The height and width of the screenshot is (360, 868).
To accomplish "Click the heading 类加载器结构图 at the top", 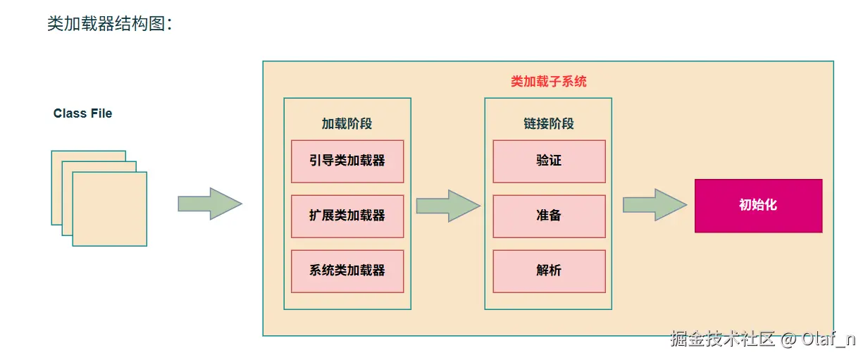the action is (x=106, y=24).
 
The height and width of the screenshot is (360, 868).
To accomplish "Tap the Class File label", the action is (x=82, y=113).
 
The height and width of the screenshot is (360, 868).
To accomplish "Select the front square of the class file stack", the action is (x=110, y=209).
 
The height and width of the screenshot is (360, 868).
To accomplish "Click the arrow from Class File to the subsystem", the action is (x=210, y=204).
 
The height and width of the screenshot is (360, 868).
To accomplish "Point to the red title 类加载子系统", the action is (x=548, y=82).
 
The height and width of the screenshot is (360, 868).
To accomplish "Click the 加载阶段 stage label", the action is (x=347, y=123).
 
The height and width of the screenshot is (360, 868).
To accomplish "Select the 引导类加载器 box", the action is (x=347, y=161).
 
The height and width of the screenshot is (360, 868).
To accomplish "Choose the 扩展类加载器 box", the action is (x=347, y=216).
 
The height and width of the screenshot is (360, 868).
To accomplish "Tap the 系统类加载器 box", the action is (x=347, y=271).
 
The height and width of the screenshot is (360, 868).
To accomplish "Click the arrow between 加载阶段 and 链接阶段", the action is (x=448, y=206).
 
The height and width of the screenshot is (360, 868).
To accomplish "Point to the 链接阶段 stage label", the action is (x=548, y=123).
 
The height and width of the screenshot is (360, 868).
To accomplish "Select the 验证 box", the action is (x=549, y=161).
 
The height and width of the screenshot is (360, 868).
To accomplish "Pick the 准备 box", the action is (x=549, y=216).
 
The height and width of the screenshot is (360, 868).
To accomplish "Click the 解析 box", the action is (x=549, y=271).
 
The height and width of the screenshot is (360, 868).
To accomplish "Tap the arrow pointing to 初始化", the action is (x=655, y=205).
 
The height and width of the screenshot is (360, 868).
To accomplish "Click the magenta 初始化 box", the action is (x=758, y=206).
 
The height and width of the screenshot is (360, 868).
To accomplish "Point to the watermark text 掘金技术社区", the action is (x=722, y=339).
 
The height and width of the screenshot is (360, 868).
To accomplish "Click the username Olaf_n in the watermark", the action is (x=828, y=340).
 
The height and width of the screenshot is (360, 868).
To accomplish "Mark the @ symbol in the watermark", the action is (x=788, y=340).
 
